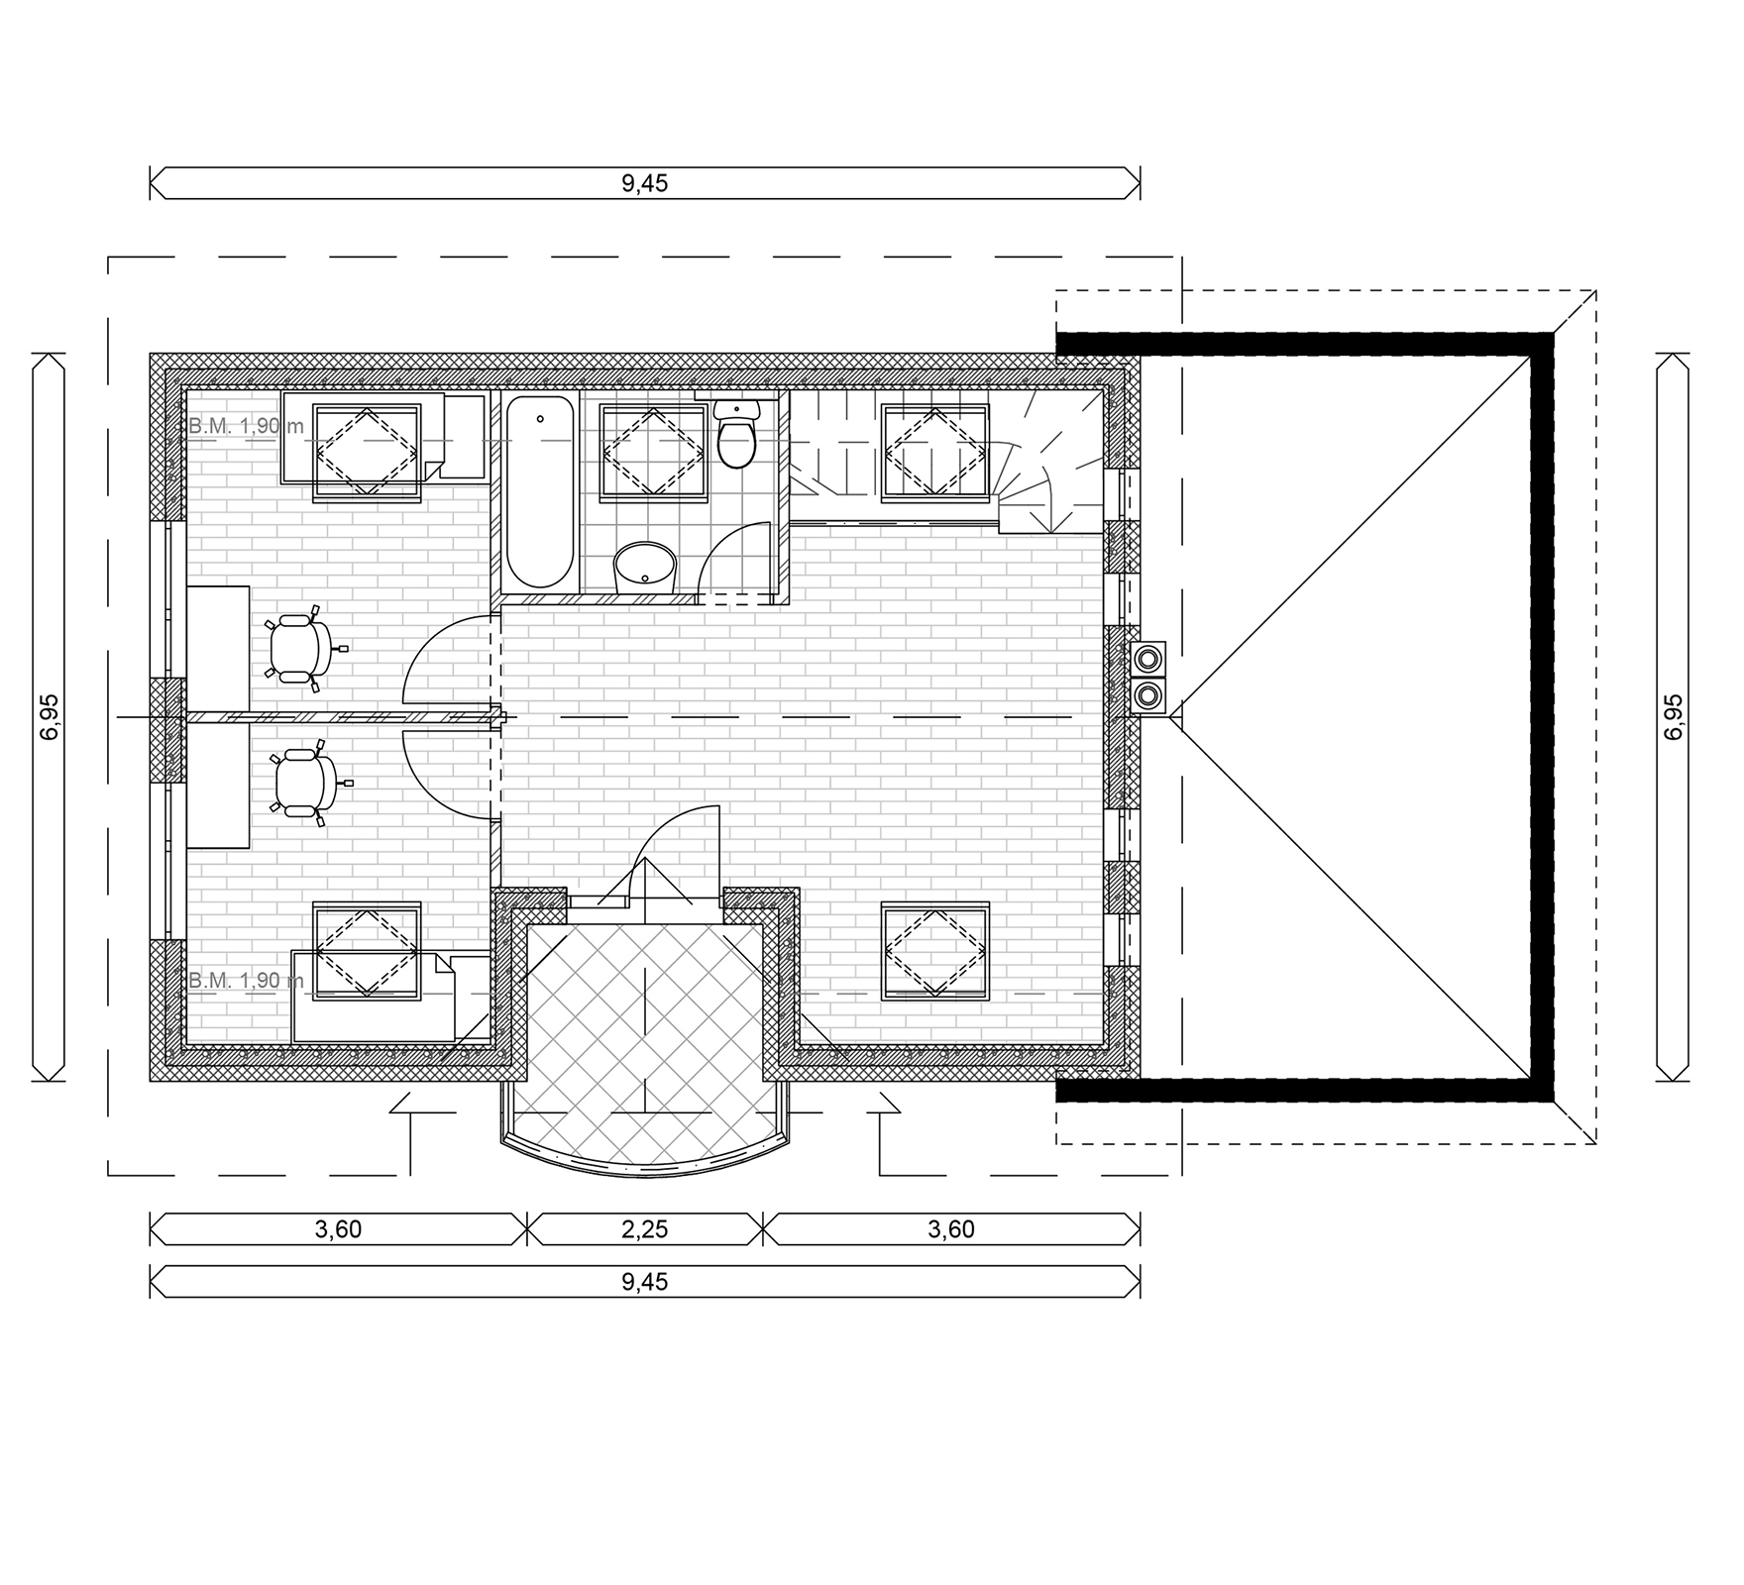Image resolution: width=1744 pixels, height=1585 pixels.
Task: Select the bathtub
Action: coord(540,492)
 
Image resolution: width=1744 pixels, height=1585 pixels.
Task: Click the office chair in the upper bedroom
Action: coord(299,648)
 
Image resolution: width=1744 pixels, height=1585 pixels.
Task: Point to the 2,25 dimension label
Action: coord(645,1229)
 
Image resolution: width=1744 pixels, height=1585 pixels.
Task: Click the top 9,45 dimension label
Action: coord(645,183)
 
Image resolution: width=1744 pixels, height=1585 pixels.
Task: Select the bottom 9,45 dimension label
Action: coord(645,1282)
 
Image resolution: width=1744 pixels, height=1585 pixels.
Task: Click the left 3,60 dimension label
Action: coord(338,1229)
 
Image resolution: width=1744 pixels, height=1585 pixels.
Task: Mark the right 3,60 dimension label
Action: coord(951,1229)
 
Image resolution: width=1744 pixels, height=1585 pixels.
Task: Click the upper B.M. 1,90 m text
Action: coord(246,427)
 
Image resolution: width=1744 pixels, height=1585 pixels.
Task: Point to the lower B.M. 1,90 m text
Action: coord(246,981)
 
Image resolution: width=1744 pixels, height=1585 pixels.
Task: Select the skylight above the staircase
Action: coord(935,451)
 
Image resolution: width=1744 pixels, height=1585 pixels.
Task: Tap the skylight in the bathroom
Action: coord(654,451)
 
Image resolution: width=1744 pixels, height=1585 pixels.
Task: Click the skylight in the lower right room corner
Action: coord(935,949)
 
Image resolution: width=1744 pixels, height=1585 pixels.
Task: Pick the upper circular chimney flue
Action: coord(1148,657)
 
